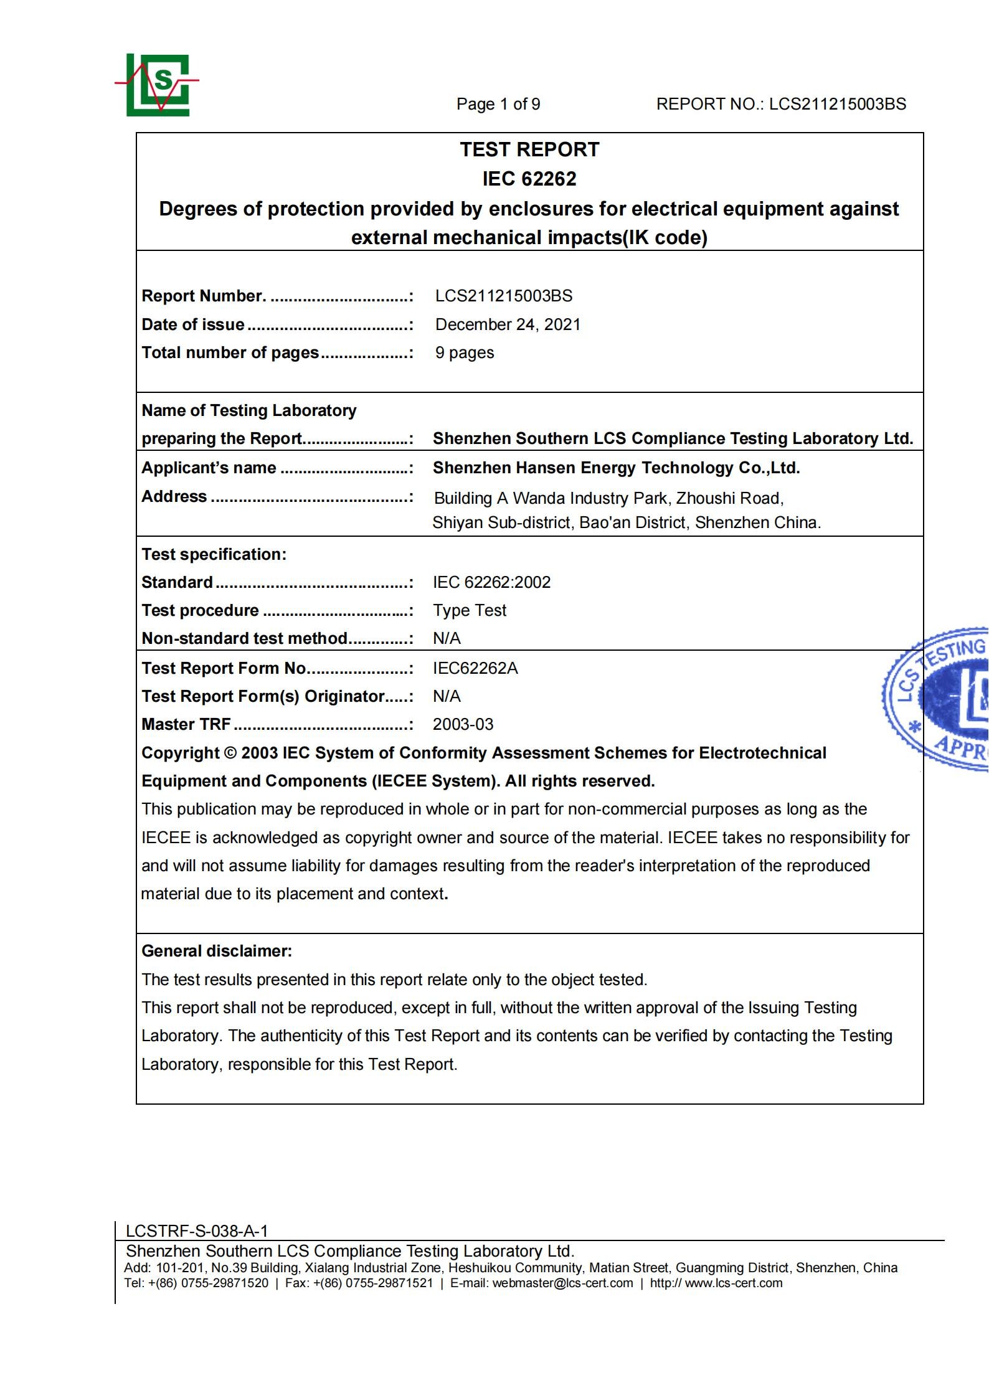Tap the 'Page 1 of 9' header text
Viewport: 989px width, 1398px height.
498,104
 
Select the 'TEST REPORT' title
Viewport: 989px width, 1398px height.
529,149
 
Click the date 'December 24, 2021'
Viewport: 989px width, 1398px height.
508,324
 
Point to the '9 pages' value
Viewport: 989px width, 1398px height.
465,352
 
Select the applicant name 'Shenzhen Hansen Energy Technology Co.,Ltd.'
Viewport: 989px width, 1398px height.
616,468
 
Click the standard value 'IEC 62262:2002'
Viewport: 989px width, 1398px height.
491,582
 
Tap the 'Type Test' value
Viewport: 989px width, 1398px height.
470,610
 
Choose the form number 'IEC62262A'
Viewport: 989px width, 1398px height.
475,668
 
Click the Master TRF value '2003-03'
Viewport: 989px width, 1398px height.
463,724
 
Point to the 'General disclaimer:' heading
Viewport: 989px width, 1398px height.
217,951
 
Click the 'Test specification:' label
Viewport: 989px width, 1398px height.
214,554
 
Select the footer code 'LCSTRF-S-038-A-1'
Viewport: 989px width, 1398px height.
197,1231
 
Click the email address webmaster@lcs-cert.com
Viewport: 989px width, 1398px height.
562,1283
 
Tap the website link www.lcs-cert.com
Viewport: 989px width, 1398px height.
734,1283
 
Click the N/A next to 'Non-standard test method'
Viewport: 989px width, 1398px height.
447,638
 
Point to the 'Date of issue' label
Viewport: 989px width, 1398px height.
193,324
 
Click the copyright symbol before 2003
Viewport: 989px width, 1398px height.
230,753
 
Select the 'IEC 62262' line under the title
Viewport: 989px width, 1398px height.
529,179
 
